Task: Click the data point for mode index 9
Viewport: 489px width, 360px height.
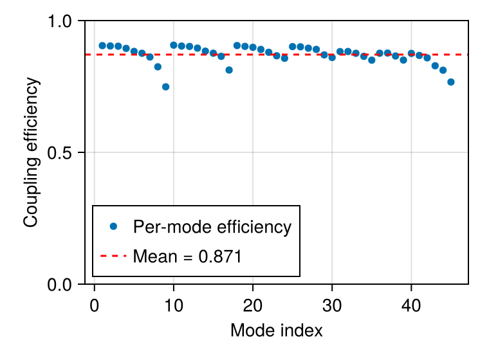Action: (x=165, y=87)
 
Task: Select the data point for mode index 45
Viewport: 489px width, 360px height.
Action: (x=451, y=82)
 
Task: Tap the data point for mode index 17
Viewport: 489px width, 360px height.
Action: (x=229, y=70)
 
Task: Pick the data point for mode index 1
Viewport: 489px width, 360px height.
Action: (x=102, y=46)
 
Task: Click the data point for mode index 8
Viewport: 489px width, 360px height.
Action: (x=158, y=67)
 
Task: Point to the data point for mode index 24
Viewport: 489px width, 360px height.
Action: (x=284, y=58)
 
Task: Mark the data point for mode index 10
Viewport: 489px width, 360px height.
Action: (x=174, y=45)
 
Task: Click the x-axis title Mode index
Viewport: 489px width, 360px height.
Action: (x=276, y=330)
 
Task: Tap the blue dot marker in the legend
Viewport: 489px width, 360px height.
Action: (x=113, y=226)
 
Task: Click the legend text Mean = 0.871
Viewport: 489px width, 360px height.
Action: (x=187, y=256)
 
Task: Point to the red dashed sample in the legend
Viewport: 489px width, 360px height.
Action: (x=113, y=256)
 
